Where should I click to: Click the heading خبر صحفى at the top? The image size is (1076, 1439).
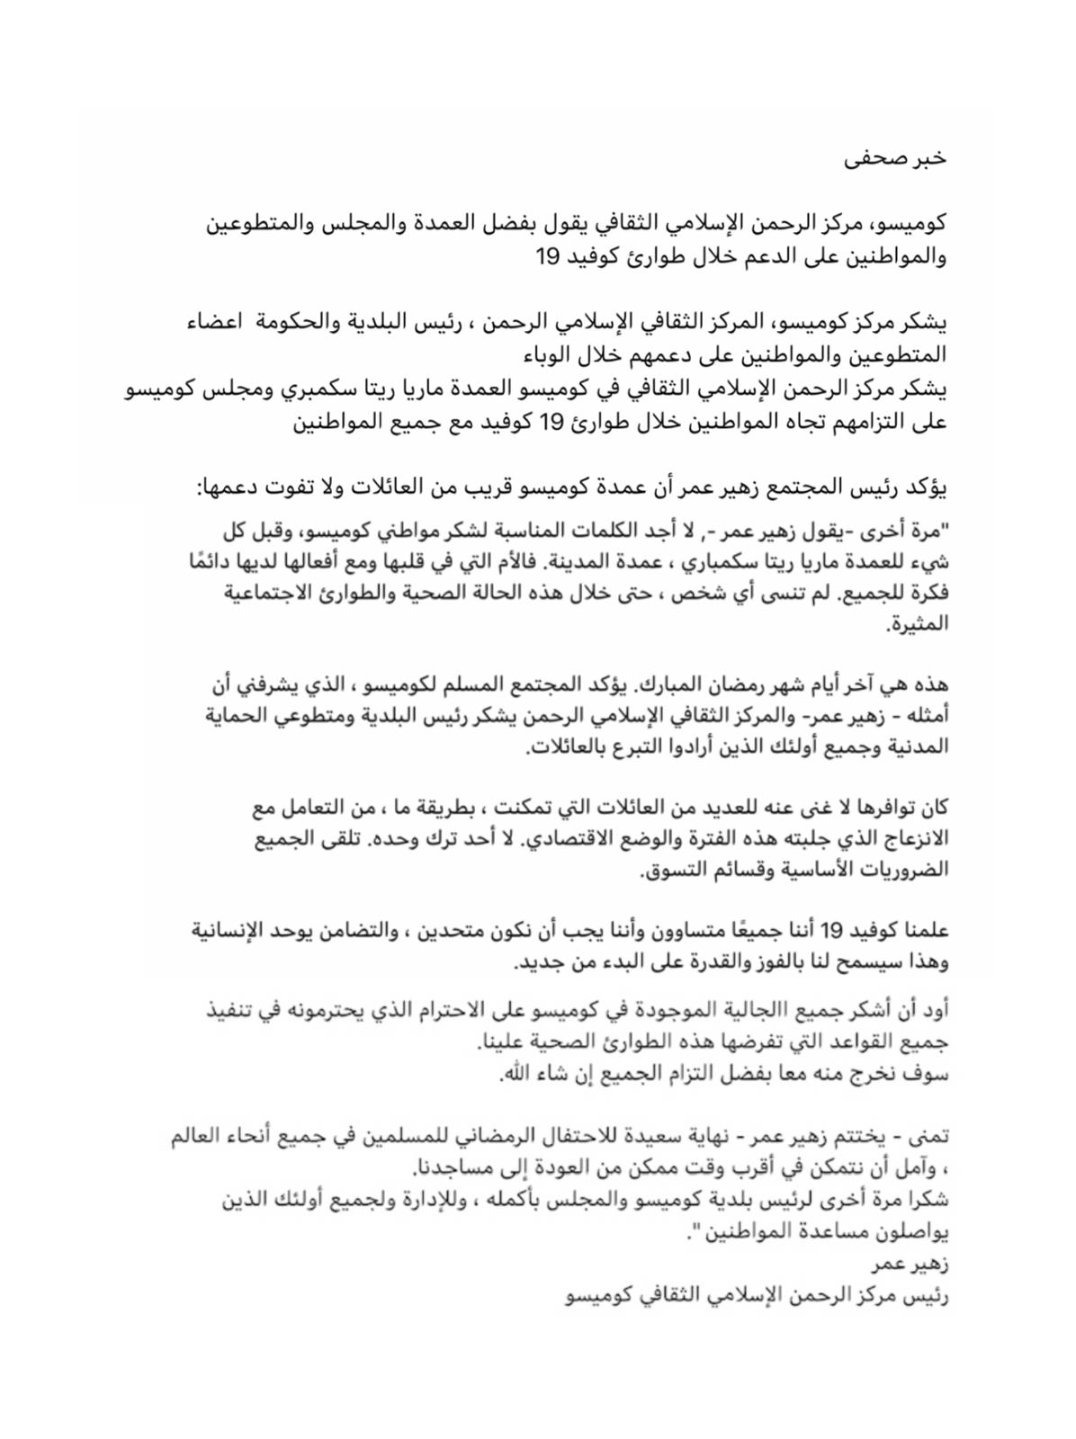(x=895, y=157)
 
